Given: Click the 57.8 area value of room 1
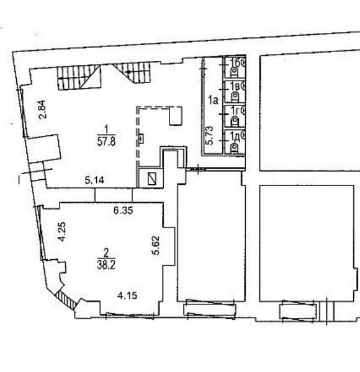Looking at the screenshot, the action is [x=106, y=143].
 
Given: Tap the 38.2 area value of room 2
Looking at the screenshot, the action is [x=106, y=265].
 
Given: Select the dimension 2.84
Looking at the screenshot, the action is [x=42, y=109].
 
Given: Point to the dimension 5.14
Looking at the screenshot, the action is [x=94, y=181].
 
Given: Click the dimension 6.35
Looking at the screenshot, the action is [x=123, y=210].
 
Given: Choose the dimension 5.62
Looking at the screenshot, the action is [x=156, y=245].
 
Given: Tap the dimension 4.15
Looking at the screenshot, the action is [x=127, y=296].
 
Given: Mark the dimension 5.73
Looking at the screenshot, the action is [x=209, y=135].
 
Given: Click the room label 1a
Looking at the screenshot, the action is [x=214, y=100].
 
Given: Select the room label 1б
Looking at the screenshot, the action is [x=235, y=63].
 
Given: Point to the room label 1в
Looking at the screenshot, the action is [x=235, y=86].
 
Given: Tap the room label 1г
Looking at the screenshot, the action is [x=235, y=110].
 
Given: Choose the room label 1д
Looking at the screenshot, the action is [x=235, y=137].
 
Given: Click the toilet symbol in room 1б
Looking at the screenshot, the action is [x=235, y=71].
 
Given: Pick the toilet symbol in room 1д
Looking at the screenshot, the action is [x=235, y=148].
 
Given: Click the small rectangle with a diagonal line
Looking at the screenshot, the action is [x=152, y=179].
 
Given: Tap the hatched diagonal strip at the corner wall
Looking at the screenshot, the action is [x=66, y=300].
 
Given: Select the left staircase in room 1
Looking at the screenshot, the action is [x=79, y=77].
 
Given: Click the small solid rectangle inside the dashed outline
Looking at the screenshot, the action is [x=176, y=116].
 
